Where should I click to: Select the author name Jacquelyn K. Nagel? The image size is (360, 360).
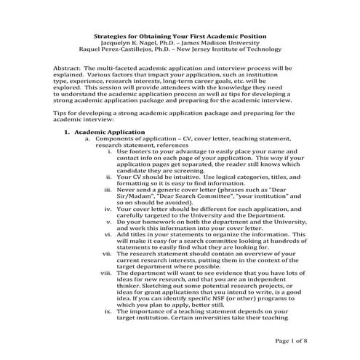pyautogui.click(x=129, y=43)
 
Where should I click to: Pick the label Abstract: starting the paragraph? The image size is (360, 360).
pyautogui.click(x=68, y=68)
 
